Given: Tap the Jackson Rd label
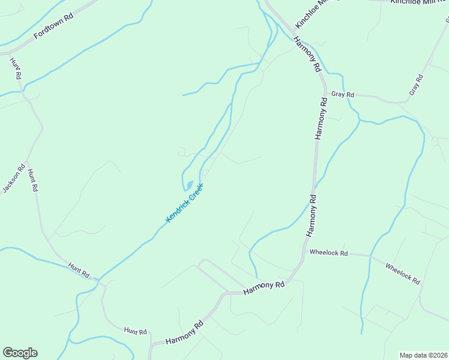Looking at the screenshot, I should [13, 179].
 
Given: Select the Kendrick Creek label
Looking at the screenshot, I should [185, 203].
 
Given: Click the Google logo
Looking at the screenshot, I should [20, 353].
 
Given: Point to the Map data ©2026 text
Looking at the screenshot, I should [424, 355].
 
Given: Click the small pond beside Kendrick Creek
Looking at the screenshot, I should [189, 184].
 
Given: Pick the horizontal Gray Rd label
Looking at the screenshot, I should [343, 95].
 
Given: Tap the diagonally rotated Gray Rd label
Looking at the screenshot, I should [416, 85].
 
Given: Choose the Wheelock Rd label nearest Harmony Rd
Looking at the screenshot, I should [328, 253].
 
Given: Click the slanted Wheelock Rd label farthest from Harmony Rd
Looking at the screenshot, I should [402, 274].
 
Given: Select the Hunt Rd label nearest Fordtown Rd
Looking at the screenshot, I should [16, 68].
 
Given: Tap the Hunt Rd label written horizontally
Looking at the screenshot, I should [135, 331].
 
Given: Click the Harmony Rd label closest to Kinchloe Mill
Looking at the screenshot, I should [307, 55].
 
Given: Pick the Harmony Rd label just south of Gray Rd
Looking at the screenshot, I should [321, 120].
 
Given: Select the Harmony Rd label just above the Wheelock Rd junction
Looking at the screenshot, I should [311, 214].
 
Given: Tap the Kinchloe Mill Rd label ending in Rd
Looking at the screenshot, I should [419, 2].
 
